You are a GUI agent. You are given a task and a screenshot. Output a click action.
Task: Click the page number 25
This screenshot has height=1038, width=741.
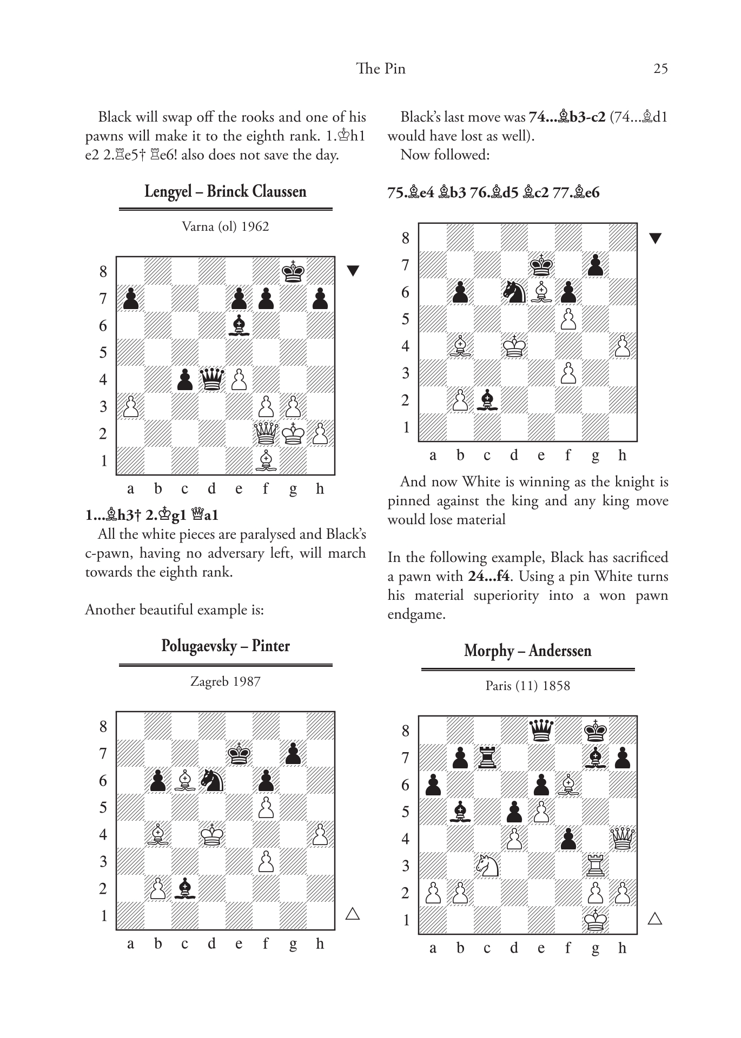(660, 69)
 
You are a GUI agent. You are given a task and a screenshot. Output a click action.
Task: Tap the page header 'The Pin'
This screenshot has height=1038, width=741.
(381, 69)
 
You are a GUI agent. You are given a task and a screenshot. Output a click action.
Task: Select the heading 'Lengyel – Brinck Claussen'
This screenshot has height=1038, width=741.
(225, 191)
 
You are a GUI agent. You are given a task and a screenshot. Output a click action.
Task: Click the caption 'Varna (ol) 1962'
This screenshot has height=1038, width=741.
(225, 226)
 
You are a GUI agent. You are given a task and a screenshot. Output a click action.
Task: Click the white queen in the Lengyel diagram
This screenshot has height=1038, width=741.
(266, 433)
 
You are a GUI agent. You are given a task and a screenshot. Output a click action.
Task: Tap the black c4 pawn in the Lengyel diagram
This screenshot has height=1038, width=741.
(184, 379)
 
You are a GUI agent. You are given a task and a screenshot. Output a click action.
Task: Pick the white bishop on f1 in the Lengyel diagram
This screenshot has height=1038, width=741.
(266, 460)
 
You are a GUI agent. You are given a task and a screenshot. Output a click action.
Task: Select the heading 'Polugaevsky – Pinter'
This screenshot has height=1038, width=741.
(225, 646)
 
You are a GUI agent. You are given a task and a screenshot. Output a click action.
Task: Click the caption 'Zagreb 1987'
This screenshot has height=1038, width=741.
(225, 681)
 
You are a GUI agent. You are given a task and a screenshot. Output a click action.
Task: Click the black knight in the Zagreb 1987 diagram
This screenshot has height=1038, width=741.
(211, 780)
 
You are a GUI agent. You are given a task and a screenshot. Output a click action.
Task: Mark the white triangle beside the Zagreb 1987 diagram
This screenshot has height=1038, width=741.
(353, 914)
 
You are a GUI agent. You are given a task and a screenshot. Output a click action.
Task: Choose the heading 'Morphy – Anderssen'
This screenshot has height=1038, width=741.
(527, 651)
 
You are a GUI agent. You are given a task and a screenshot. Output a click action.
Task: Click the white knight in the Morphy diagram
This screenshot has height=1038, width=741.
(487, 866)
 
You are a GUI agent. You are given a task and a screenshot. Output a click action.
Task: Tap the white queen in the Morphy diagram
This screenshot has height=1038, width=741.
(623, 839)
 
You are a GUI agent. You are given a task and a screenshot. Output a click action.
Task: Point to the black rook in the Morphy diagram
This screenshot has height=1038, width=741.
(487, 758)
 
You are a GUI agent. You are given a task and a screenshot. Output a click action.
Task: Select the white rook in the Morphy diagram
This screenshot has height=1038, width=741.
(596, 866)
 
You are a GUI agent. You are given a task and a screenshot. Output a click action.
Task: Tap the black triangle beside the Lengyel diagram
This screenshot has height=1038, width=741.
(353, 271)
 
